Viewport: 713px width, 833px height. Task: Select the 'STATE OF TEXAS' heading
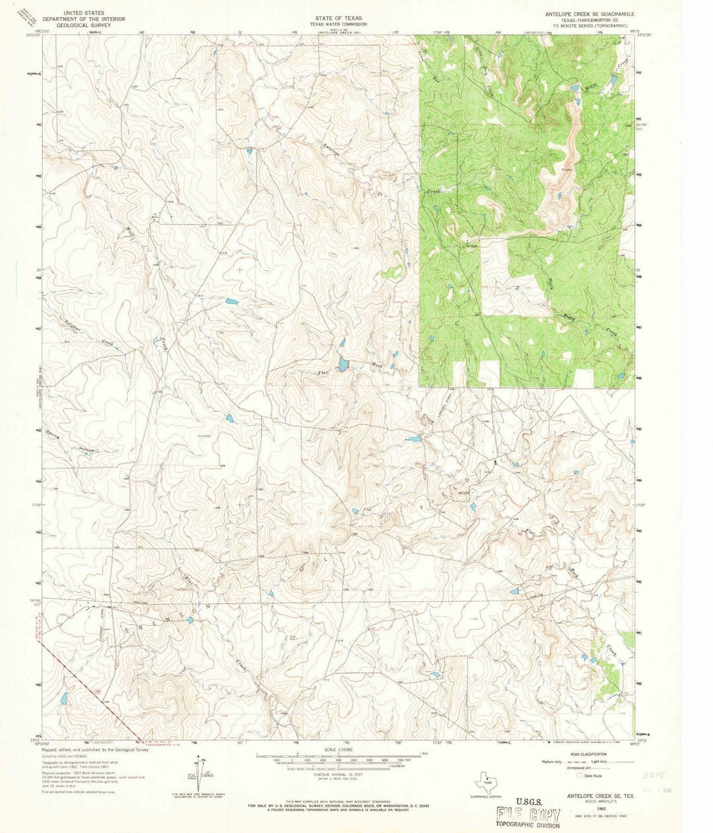coord(341,13)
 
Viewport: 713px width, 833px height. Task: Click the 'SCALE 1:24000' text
coord(341,750)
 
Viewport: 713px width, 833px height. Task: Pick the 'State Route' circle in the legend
coord(579,776)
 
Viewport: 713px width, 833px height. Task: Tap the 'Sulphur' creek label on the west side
coord(67,322)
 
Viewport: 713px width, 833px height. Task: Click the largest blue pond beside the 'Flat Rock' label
coord(343,364)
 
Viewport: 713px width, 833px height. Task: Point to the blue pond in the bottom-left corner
coord(63,697)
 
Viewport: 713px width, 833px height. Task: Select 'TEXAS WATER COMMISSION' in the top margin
coord(341,24)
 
